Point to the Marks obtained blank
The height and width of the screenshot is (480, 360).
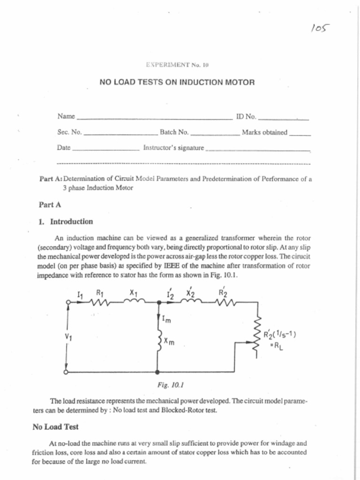[x=300, y=135]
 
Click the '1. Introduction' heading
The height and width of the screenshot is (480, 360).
[x=66, y=222]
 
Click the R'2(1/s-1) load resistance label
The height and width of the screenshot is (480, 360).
[x=280, y=335]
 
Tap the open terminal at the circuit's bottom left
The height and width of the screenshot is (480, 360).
[x=67, y=372]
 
